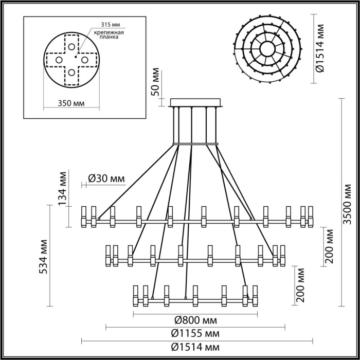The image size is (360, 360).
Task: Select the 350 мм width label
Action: [x=71, y=103]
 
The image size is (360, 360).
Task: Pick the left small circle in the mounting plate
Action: [x=58, y=60]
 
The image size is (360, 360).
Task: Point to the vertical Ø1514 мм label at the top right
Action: [x=320, y=49]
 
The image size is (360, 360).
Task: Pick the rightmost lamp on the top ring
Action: [x=311, y=217]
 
